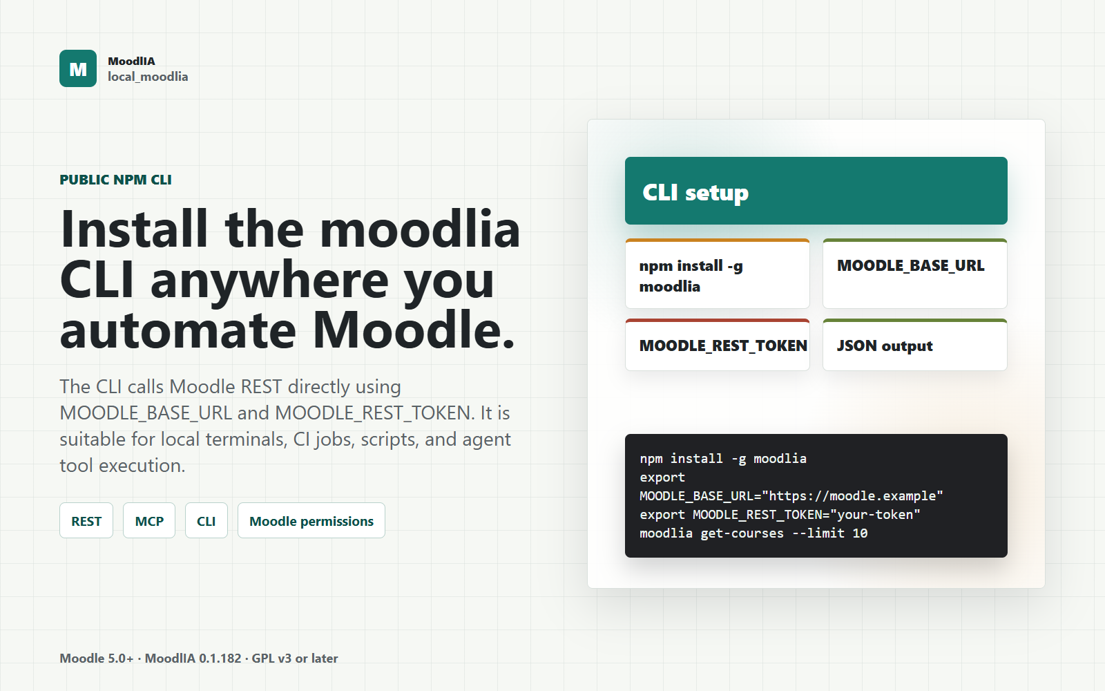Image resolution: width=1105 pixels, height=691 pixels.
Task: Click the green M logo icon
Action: pyautogui.click(x=78, y=68)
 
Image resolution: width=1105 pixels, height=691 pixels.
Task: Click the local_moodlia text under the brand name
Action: pyautogui.click(x=148, y=77)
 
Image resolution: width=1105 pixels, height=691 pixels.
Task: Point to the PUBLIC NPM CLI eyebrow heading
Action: pyautogui.click(x=115, y=180)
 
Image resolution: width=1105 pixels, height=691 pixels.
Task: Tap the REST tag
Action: pyautogui.click(x=86, y=521)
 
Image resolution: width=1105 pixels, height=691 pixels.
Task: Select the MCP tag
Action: pyautogui.click(x=149, y=521)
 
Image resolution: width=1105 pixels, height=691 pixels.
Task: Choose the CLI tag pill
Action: pyautogui.click(x=206, y=521)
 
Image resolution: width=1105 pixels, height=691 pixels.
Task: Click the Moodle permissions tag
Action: pyautogui.click(x=311, y=521)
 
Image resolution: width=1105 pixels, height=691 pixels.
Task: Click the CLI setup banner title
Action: pyautogui.click(x=695, y=193)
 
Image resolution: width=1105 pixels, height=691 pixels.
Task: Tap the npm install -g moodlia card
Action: pyautogui.click(x=718, y=274)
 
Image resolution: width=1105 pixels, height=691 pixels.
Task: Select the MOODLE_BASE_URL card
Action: pyautogui.click(x=915, y=274)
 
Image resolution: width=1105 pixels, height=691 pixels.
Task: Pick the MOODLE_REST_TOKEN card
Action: pyautogui.click(x=718, y=345)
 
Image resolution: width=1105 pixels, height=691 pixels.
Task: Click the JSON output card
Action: pyautogui.click(x=915, y=345)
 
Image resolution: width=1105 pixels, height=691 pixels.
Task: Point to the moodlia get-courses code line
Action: pyautogui.click(x=753, y=533)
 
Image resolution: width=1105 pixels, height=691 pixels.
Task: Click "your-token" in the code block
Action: pyautogui.click(x=875, y=514)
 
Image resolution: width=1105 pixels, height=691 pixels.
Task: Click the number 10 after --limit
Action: pyautogui.click(x=860, y=533)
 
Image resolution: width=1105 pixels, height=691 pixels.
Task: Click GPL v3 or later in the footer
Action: pyautogui.click(x=294, y=659)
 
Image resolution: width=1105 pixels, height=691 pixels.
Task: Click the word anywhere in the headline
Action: pyautogui.click(x=269, y=281)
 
